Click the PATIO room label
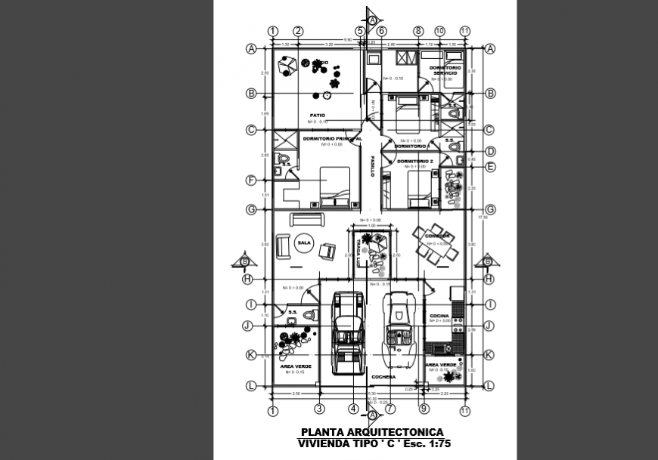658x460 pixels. [317, 116]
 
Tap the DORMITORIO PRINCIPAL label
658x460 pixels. [332, 139]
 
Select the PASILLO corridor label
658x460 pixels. [372, 167]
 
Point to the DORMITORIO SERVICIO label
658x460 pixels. [445, 70]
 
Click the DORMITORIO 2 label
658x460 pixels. [414, 161]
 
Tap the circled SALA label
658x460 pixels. [304, 243]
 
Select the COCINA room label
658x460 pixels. [439, 316]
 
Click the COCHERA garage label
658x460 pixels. [383, 376]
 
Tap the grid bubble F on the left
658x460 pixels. [250, 181]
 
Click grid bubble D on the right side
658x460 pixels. [489, 151]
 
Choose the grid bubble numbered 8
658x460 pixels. [417, 31]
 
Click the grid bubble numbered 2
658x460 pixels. [298, 31]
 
